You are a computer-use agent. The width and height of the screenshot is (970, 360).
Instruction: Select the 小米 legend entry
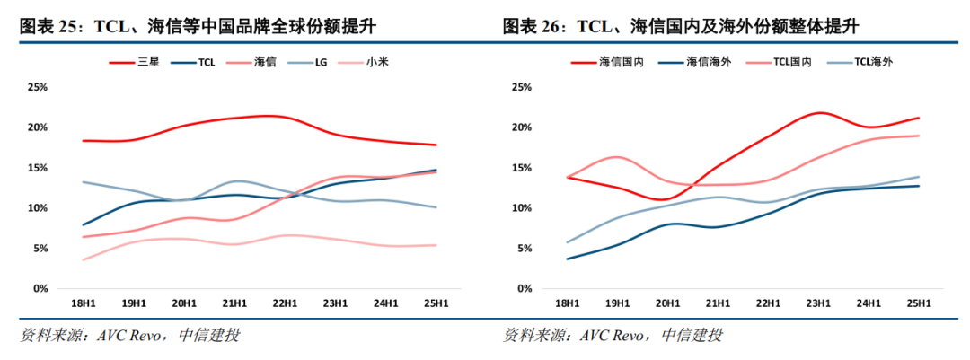tap(376, 62)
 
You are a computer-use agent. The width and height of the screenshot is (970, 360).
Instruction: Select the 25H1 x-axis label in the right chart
tap(918, 303)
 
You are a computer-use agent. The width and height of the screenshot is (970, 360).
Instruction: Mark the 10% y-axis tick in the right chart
tap(522, 208)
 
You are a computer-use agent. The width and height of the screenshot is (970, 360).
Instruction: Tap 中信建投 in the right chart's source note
tap(692, 337)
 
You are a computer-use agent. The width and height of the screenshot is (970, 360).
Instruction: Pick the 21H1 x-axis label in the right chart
tap(718, 303)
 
